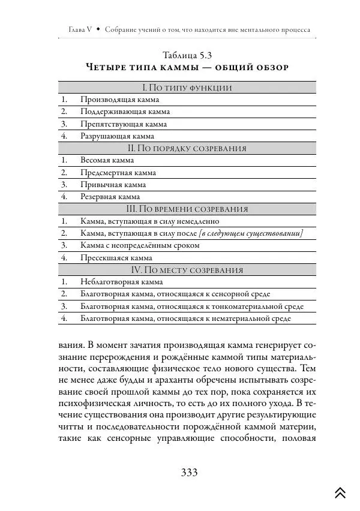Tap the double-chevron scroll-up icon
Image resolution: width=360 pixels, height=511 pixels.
[340, 492]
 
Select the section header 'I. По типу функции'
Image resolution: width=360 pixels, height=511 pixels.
[186, 88]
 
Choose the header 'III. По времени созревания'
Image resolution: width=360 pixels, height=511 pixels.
[187, 209]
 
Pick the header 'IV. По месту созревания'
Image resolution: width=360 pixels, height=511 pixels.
[187, 269]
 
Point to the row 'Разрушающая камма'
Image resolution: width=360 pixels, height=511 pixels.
[117, 136]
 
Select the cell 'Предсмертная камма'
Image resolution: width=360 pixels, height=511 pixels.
[118, 173]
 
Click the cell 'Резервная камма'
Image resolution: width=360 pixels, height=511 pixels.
[110, 197]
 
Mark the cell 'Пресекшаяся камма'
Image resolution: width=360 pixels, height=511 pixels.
[116, 257]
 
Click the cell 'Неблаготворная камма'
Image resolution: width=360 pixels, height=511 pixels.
[121, 282]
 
